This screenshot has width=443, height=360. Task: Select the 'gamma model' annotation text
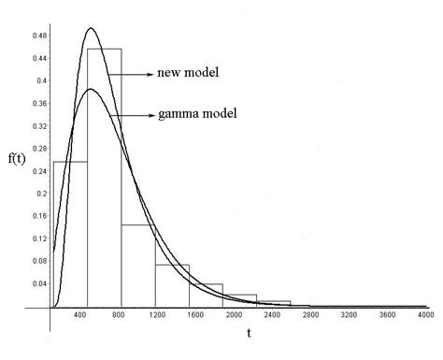point(196,114)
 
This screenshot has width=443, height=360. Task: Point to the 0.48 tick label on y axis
point(36,35)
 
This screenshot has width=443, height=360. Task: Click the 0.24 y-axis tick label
point(36,170)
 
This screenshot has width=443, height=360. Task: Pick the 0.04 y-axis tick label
point(36,283)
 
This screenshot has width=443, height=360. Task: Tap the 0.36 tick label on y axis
point(36,103)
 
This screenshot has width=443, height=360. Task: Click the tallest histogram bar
point(104,178)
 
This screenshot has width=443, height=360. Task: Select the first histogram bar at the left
point(70,234)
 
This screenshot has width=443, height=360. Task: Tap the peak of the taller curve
point(91,28)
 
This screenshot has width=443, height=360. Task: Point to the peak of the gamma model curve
point(91,90)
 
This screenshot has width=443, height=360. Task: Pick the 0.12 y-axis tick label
point(36,238)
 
